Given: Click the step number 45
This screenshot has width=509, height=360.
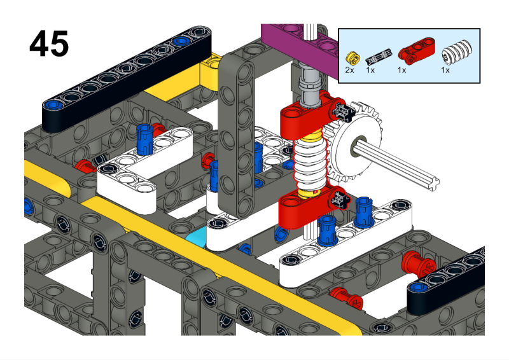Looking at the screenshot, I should [48, 44].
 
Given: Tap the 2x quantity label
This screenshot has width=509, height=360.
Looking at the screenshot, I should [349, 70].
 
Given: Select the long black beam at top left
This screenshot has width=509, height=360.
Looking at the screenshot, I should [127, 73].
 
